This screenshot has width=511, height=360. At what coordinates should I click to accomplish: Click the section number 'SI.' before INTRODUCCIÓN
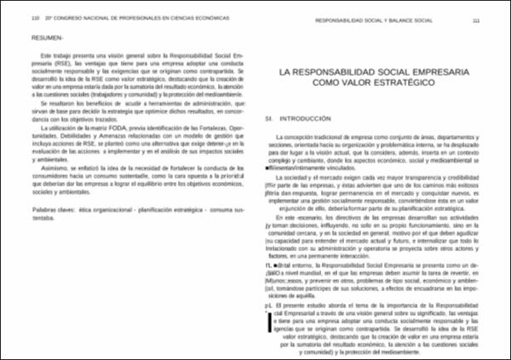point(270,121)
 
